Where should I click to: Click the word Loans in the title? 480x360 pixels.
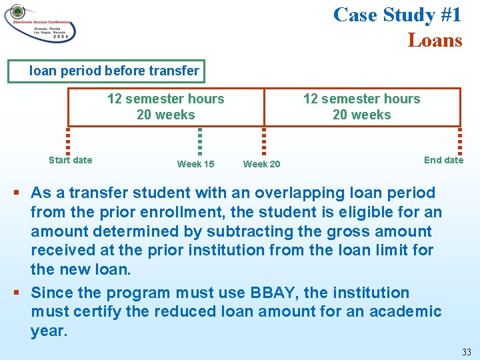pos(435,40)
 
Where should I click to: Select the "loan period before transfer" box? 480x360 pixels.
pos(105,71)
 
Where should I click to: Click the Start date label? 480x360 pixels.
pos(71,160)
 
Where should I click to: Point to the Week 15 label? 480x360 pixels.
pos(195,164)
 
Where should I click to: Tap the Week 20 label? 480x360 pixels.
pos(261,164)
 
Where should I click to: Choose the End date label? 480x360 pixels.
pos(443,160)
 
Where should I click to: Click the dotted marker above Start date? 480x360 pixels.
pos(68,141)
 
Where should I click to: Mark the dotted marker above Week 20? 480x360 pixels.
pos(264,141)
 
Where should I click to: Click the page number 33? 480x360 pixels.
pos(466,351)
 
